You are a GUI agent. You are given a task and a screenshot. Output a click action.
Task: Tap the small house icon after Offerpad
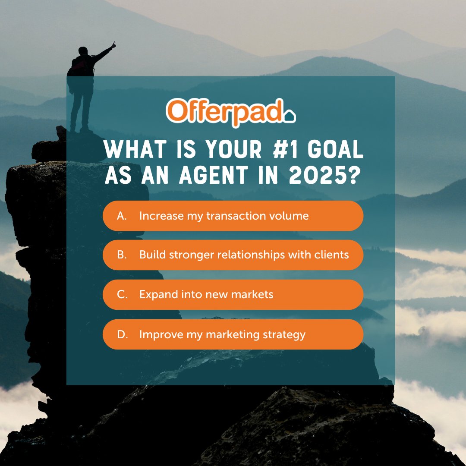coord(290,116)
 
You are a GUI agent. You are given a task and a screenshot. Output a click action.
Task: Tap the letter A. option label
coord(122,216)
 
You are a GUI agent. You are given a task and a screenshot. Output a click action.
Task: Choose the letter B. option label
coord(122,255)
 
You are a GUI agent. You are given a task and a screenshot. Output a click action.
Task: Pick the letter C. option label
coord(122,295)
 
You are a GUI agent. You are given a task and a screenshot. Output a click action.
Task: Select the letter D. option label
coord(122,334)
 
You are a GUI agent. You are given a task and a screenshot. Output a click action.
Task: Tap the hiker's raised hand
coord(113,45)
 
